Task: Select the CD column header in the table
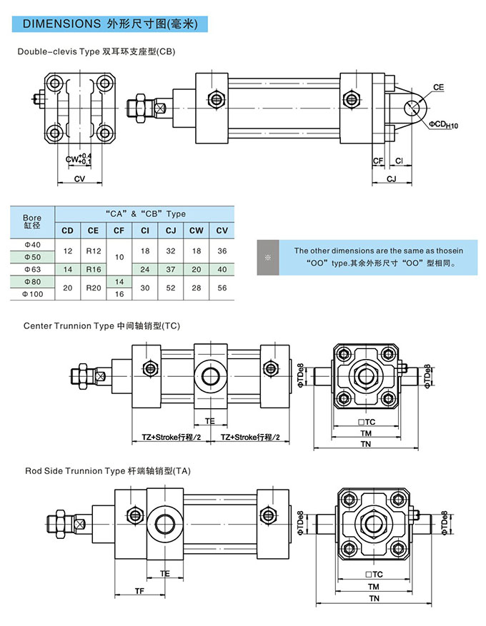tap(67, 230)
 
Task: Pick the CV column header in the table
tap(222, 230)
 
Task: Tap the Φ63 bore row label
tap(33, 269)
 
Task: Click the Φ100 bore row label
tap(33, 293)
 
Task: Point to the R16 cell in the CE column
tap(93, 269)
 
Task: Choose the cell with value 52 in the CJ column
tap(170, 287)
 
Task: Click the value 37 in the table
tap(170, 269)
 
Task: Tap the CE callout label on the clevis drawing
tap(438, 88)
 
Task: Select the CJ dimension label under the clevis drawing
tap(391, 178)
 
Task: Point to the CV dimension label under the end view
tap(79, 179)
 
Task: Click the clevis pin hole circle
tap(412, 108)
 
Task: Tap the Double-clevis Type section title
tap(96, 51)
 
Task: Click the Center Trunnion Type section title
tap(101, 325)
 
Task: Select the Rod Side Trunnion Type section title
tap(107, 471)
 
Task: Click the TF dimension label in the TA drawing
tap(140, 590)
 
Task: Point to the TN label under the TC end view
tap(366, 444)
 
